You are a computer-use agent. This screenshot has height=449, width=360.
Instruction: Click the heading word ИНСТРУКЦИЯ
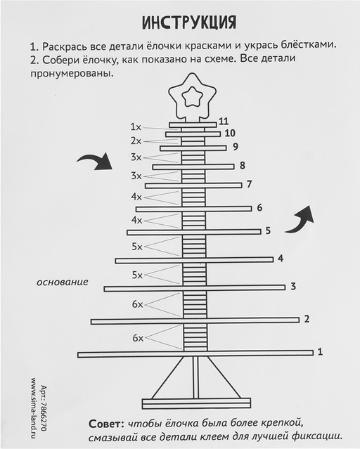pyautogui.click(x=189, y=22)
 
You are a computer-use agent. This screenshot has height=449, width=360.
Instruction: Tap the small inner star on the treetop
pyautogui.click(x=192, y=97)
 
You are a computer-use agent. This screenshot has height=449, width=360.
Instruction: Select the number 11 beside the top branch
pyautogui.click(x=224, y=121)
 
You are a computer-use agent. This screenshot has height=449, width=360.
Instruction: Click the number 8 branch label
pyautogui.click(x=242, y=166)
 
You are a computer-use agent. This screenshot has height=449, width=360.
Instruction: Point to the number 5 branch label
pyautogui.click(x=268, y=230)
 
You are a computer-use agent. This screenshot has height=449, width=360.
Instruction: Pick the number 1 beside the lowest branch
pyautogui.click(x=320, y=351)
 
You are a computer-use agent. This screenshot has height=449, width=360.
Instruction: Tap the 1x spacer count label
pyautogui.click(x=136, y=127)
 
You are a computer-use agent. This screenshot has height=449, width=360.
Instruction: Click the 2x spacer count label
pyautogui.click(x=136, y=141)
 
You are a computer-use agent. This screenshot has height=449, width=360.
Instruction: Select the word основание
pyautogui.click(x=62, y=282)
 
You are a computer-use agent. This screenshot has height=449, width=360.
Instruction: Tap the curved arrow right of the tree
pyautogui.click(x=300, y=220)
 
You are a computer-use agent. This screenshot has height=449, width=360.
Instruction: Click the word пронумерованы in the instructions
pyautogui.click(x=70, y=73)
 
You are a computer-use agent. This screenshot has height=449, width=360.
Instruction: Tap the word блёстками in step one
pyautogui.click(x=308, y=45)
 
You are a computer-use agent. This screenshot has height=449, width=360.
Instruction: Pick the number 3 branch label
pyautogui.click(x=293, y=287)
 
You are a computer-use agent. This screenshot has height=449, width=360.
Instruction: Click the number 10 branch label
pyautogui.click(x=230, y=133)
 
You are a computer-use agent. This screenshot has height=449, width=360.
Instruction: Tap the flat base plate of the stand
pyautogui.click(x=196, y=403)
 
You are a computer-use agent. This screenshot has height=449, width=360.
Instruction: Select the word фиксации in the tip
pyautogui.click(x=317, y=436)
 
